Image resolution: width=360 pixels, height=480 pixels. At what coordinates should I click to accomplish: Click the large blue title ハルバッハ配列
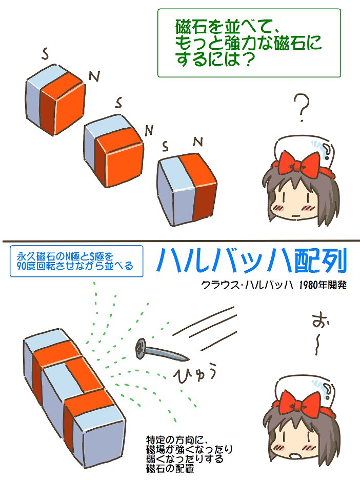pos(252,261)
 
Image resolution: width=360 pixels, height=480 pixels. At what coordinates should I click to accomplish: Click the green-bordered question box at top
pos(249,43)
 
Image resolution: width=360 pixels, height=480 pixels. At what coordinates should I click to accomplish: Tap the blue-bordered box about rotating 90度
pos(76,261)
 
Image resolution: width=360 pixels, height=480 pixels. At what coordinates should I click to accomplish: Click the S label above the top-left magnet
pos(45,53)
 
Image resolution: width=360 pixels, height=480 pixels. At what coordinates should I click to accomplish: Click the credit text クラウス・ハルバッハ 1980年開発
pos(274,286)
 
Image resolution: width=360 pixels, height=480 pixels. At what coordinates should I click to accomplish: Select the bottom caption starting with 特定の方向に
pos(189,454)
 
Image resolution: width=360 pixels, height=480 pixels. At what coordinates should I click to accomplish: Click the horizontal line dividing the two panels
pos(180,241)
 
